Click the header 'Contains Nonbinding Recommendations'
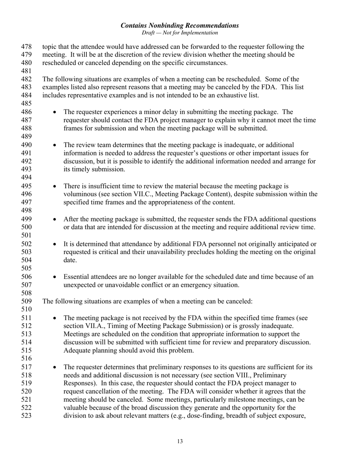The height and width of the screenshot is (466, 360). click(180, 25)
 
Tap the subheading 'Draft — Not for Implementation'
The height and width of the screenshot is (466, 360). click(180, 33)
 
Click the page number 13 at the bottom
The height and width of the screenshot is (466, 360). click(180, 441)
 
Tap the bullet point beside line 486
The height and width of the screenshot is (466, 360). click(55, 112)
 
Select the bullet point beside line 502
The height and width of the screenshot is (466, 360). click(55, 244)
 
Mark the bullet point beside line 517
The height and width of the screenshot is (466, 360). click(55, 367)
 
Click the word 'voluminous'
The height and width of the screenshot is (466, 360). click(79, 194)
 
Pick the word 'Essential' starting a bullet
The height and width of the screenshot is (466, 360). click(76, 277)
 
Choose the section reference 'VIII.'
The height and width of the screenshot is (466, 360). click(245, 375)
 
